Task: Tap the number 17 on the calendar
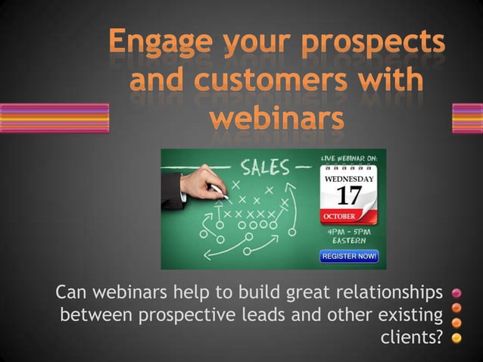tap(348, 196)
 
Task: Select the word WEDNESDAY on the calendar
tap(349, 179)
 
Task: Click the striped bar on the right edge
tap(467, 118)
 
